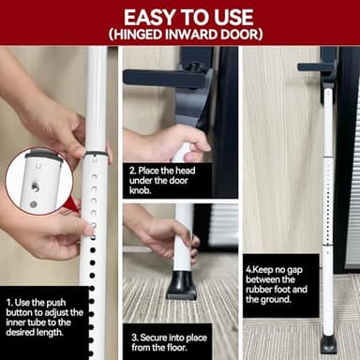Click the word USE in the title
tap(225, 16)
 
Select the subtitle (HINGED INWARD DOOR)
tap(180, 36)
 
